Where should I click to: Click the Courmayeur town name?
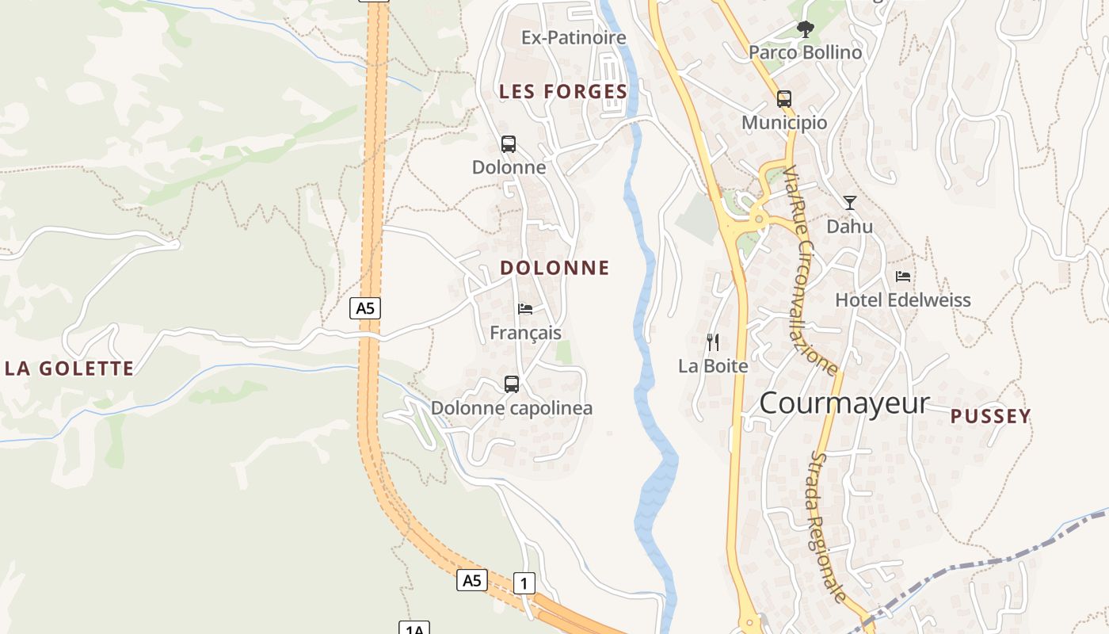pyautogui.click(x=844, y=403)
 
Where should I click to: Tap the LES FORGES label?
pyautogui.click(x=563, y=92)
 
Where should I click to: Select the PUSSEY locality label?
pyautogui.click(x=990, y=416)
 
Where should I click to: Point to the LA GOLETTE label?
pyautogui.click(x=70, y=369)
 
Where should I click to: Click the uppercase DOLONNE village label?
pyautogui.click(x=554, y=268)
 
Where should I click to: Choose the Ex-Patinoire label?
pyautogui.click(x=574, y=37)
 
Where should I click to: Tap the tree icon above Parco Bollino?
pyautogui.click(x=806, y=30)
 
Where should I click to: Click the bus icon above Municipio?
pyautogui.click(x=784, y=99)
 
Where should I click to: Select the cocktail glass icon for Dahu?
pyautogui.click(x=850, y=203)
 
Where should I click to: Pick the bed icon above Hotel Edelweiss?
pyautogui.click(x=903, y=277)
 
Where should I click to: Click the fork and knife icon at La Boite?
pyautogui.click(x=713, y=342)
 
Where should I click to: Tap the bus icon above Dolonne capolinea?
pyautogui.click(x=512, y=384)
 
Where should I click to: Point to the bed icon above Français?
pyautogui.click(x=525, y=309)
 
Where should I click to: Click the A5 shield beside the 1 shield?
pyautogui.click(x=472, y=581)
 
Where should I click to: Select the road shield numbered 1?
pyautogui.click(x=524, y=584)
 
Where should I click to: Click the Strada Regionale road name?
pyautogui.click(x=829, y=527)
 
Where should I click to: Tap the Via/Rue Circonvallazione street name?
pyautogui.click(x=810, y=269)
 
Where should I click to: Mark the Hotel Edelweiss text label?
pyautogui.click(x=903, y=300)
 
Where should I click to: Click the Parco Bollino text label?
pyautogui.click(x=805, y=52)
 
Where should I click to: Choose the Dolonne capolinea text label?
pyautogui.click(x=512, y=408)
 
